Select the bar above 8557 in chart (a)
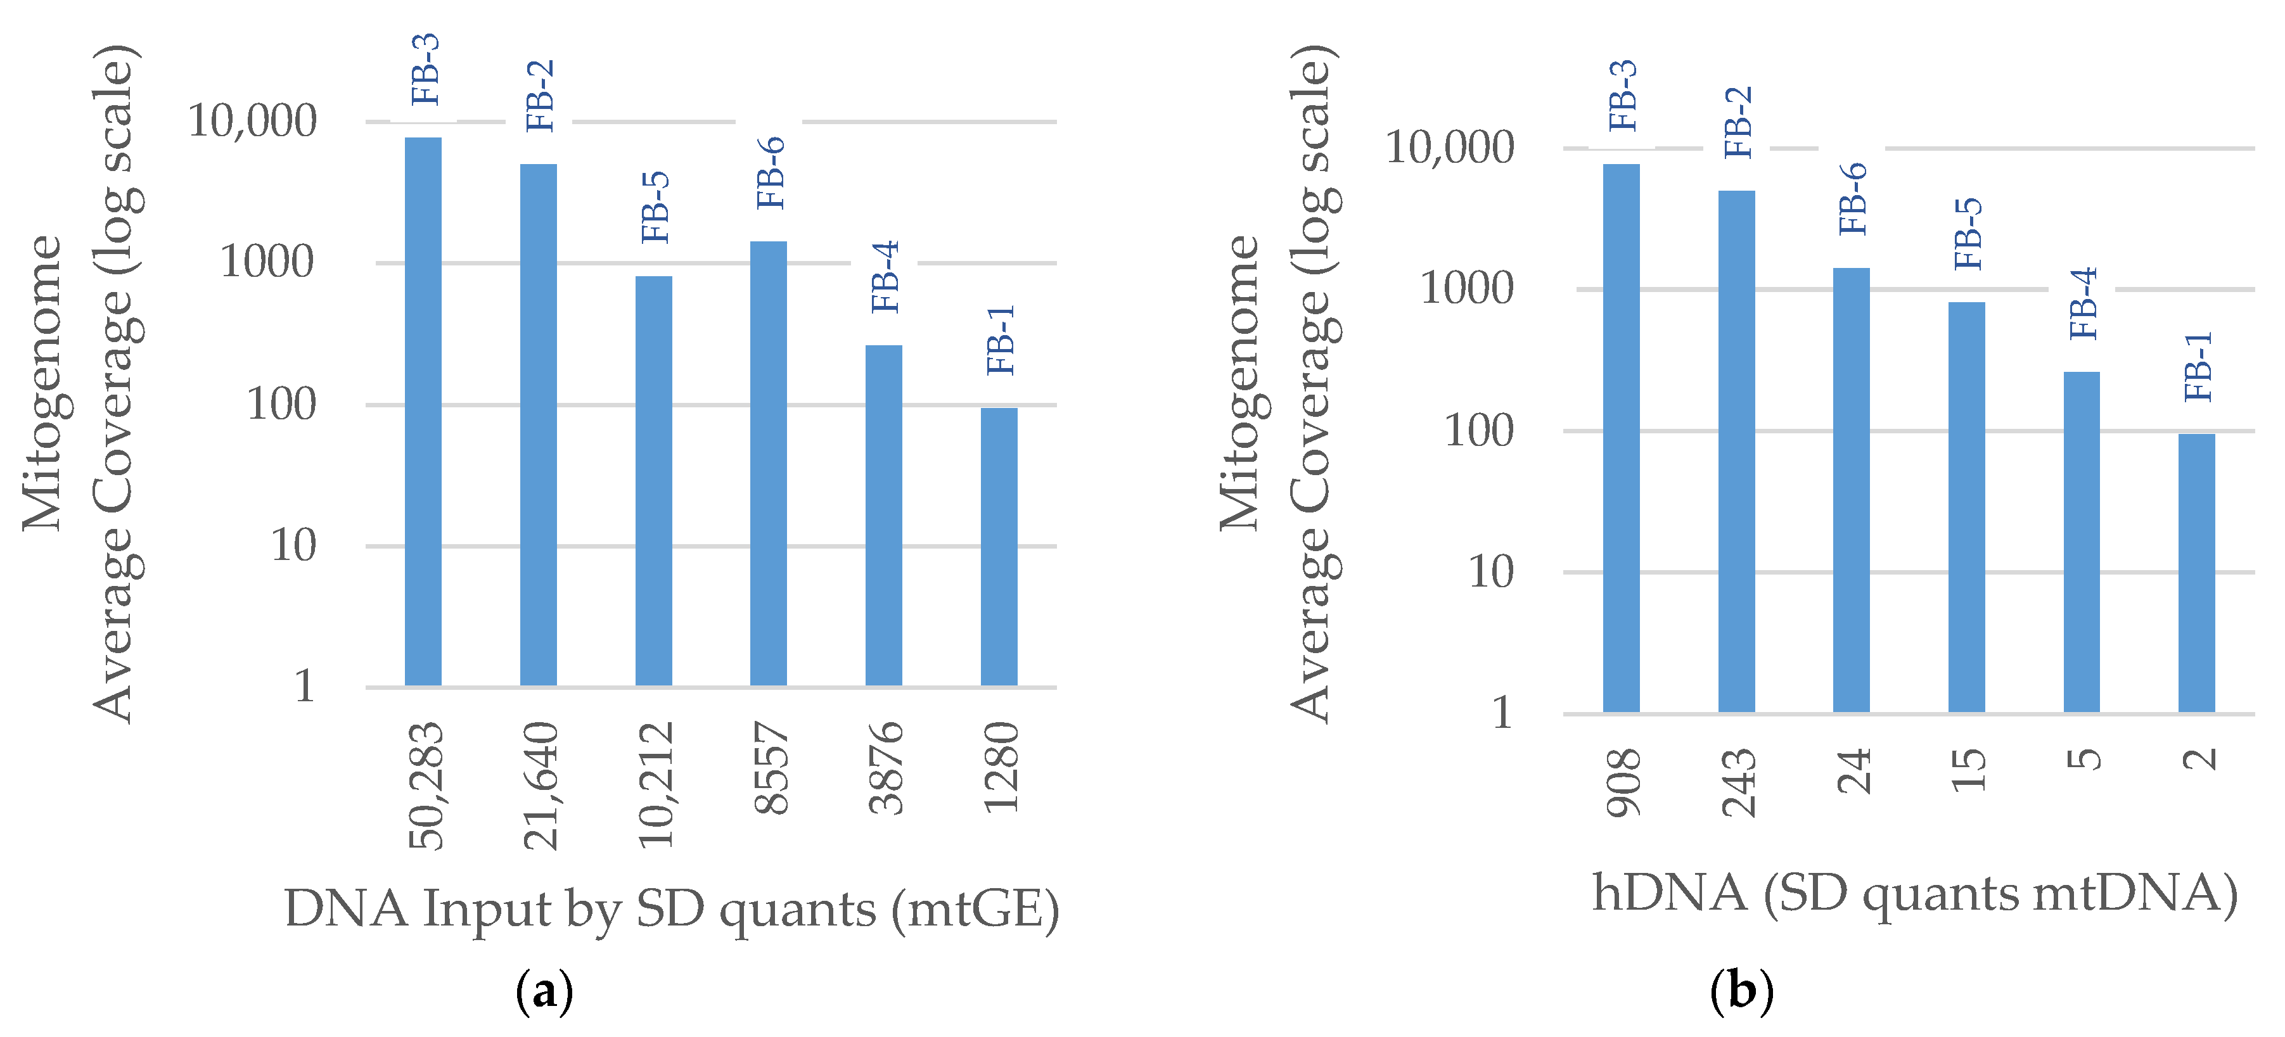(x=768, y=463)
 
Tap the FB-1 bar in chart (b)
(x=2196, y=573)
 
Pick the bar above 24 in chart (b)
(x=1851, y=490)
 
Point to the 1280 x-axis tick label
(x=1001, y=767)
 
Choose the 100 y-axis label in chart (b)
(x=1479, y=431)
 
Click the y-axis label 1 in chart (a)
(x=304, y=685)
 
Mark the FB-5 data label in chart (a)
(x=655, y=208)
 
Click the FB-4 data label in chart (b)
(x=2083, y=303)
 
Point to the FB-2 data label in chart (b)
(x=1739, y=122)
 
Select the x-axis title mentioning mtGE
(x=672, y=909)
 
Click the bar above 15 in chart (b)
(x=1966, y=507)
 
